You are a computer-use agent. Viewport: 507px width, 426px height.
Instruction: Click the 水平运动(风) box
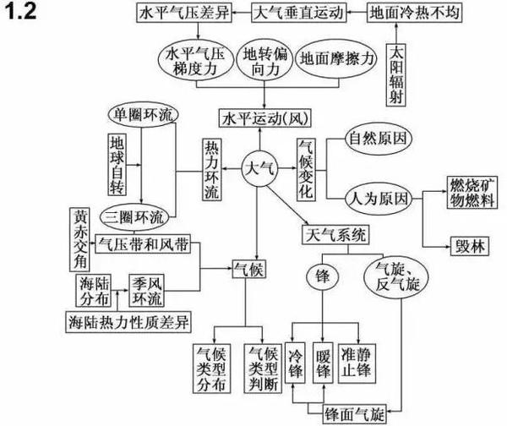[259, 116]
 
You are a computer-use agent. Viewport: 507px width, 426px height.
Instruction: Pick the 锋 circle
[321, 276]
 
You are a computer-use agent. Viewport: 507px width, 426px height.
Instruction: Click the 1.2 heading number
[23, 14]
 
